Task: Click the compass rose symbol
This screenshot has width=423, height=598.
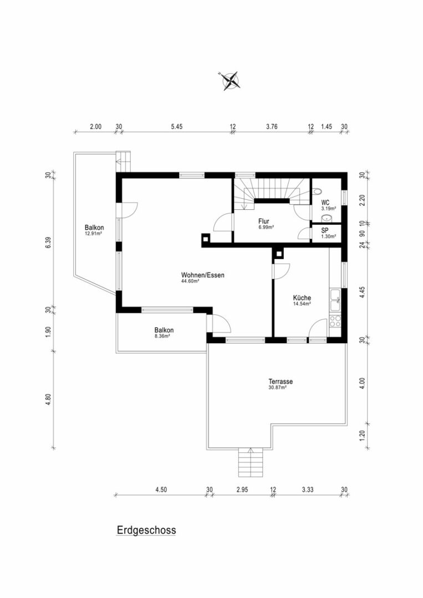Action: coord(229,81)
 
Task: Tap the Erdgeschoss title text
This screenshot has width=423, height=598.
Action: coord(146,530)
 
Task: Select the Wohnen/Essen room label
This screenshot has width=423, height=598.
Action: coord(202,275)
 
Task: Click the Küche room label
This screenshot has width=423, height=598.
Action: coord(302,297)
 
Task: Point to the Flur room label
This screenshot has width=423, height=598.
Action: coord(264,221)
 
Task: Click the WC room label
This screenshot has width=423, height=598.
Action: coord(325,203)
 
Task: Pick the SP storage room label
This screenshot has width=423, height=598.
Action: coord(325,230)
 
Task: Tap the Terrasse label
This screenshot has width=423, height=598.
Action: coord(281,382)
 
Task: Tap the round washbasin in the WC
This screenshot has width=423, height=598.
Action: coord(327,218)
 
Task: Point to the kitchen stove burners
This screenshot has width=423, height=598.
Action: coord(335,321)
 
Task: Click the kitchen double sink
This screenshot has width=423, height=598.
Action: coord(335,300)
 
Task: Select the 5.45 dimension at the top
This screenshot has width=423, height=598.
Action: coord(176,127)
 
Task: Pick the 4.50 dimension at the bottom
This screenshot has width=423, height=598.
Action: coord(161,489)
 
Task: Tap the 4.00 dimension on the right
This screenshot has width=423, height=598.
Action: coord(363,383)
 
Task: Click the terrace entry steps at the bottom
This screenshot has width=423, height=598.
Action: coord(251,462)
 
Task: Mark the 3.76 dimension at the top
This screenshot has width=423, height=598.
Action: coord(272,127)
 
